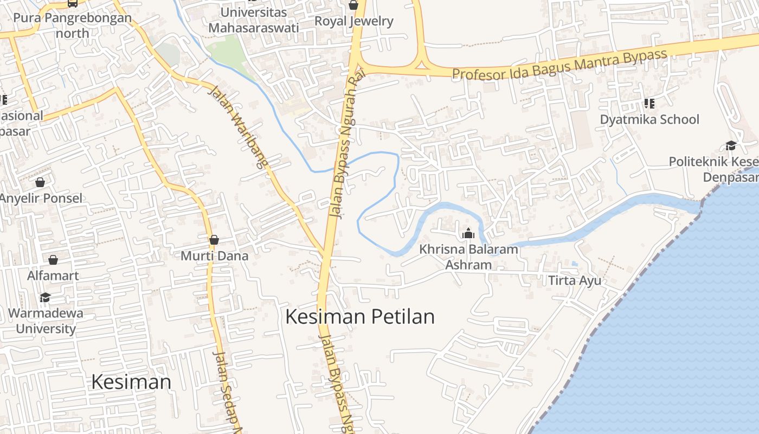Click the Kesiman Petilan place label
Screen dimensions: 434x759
(x=360, y=316)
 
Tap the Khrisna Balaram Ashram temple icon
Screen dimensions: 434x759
(x=468, y=234)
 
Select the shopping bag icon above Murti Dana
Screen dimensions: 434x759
(x=214, y=240)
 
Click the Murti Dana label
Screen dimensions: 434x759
(x=214, y=256)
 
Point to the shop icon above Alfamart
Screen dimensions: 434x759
(x=53, y=260)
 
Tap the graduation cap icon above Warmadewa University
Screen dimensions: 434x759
(x=45, y=297)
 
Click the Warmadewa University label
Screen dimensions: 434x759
(x=46, y=321)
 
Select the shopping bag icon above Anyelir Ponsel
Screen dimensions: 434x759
(x=40, y=182)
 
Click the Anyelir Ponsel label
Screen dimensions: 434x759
(x=41, y=198)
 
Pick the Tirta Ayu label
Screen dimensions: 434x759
(x=575, y=280)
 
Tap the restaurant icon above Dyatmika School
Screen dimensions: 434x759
(x=649, y=103)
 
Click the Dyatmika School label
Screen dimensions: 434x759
(x=649, y=119)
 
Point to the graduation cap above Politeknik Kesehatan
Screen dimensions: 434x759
(x=731, y=145)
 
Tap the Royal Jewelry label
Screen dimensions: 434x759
(x=354, y=21)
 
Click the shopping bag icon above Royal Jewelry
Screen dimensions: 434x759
(x=353, y=5)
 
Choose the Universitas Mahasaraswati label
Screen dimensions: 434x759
(x=253, y=20)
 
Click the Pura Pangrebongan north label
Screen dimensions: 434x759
(x=72, y=25)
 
